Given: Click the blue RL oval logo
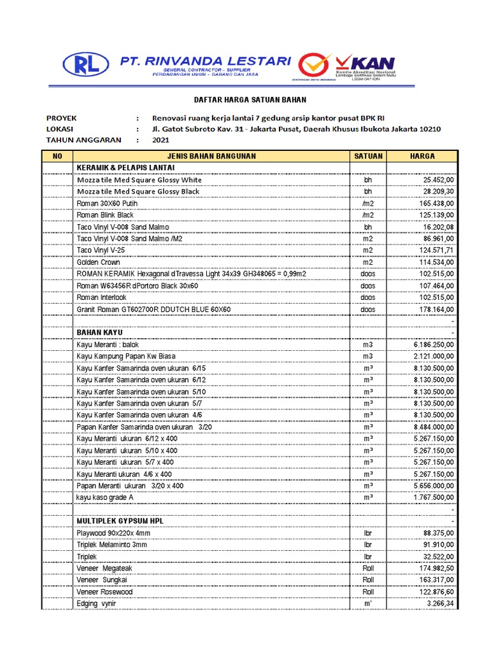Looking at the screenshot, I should tap(86, 64).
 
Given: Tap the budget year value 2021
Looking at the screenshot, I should tap(161, 140).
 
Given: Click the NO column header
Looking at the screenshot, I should tap(57, 156).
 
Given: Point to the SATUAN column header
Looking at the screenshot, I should tap(368, 156).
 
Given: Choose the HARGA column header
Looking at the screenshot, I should tap(423, 156).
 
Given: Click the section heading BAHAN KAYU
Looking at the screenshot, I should tap(99, 332).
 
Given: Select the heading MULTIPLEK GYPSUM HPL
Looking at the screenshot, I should tap(120, 521).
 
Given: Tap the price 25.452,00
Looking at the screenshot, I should tap(434, 180).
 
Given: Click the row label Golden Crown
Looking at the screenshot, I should tap(99, 262).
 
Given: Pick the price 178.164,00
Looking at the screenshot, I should tap(432, 309).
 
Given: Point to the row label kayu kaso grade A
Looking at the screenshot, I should tap(105, 497).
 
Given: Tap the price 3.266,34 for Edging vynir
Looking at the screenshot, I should tap(439, 604).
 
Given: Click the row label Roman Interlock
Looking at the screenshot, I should tap(102, 297).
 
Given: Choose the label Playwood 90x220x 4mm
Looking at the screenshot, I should tap(114, 533).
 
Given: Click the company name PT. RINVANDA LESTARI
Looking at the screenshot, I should tap(205, 60).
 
